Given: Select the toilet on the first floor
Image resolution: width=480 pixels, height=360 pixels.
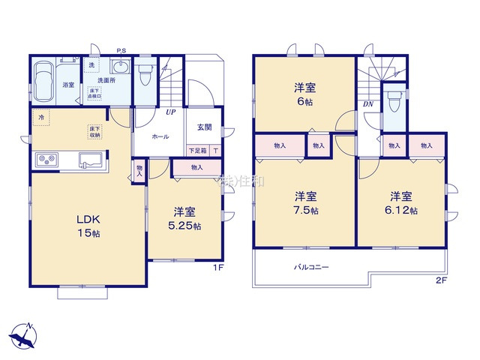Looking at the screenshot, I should [x=145, y=73].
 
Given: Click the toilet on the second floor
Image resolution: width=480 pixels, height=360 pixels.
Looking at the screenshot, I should [x=394, y=101].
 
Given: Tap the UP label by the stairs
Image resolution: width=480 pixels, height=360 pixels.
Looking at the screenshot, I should [x=172, y=113].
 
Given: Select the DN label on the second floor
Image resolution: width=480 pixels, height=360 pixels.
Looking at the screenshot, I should [x=368, y=104].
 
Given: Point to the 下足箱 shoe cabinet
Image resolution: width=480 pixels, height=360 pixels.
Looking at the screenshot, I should [x=196, y=150].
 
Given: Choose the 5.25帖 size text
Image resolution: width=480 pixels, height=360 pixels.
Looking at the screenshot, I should [x=186, y=225].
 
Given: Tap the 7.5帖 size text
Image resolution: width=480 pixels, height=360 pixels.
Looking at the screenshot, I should [x=304, y=211].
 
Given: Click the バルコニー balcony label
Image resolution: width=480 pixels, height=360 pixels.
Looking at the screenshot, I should [x=310, y=267].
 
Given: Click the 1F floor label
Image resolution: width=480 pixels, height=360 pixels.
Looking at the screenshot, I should [x=215, y=266].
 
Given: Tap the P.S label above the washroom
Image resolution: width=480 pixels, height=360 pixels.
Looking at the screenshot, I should [x=121, y=51].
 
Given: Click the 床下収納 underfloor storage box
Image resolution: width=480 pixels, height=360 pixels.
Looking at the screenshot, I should [x=95, y=132].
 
